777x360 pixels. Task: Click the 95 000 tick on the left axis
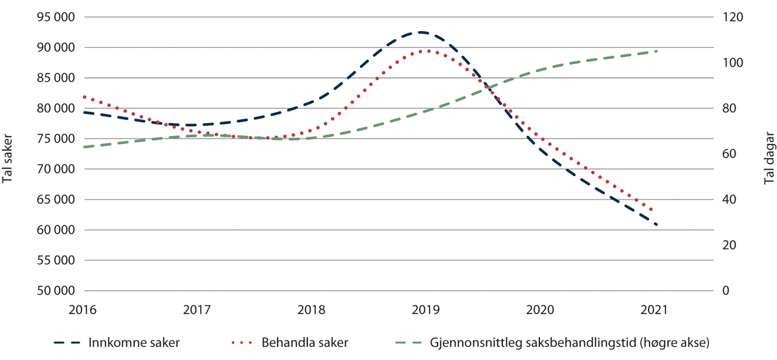click(55, 17)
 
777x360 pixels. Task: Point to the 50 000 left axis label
click(55, 291)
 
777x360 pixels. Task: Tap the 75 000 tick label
click(55, 139)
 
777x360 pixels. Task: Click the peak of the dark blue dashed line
click(422, 32)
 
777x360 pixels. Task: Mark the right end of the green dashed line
click(657, 51)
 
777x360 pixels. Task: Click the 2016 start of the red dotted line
click(84, 96)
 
